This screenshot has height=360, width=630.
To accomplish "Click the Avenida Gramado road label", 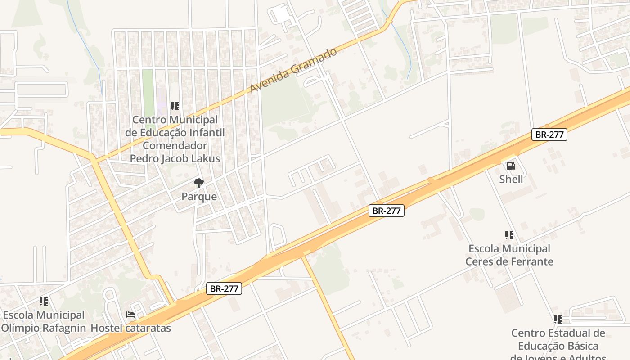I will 293,71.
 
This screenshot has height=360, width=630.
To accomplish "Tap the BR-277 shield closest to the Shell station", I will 549,134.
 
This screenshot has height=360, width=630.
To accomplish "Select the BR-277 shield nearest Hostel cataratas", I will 224,288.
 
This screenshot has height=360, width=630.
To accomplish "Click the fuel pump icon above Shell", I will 511,166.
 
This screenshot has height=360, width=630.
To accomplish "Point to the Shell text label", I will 511,180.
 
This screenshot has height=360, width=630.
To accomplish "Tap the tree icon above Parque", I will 198,183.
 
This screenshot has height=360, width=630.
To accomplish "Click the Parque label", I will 199,197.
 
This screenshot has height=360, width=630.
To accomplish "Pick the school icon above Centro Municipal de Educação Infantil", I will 175,107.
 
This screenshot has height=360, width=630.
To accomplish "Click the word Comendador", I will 175,146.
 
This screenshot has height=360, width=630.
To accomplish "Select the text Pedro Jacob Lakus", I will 175,159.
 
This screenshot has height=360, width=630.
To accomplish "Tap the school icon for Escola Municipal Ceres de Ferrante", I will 509,235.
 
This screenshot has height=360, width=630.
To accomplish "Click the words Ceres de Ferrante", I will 509,261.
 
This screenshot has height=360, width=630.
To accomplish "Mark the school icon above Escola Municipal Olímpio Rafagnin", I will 43,301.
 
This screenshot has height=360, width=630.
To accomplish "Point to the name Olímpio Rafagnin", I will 43,328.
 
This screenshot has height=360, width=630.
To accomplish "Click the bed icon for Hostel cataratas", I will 130,315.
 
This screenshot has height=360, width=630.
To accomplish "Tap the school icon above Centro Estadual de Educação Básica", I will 558,319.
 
